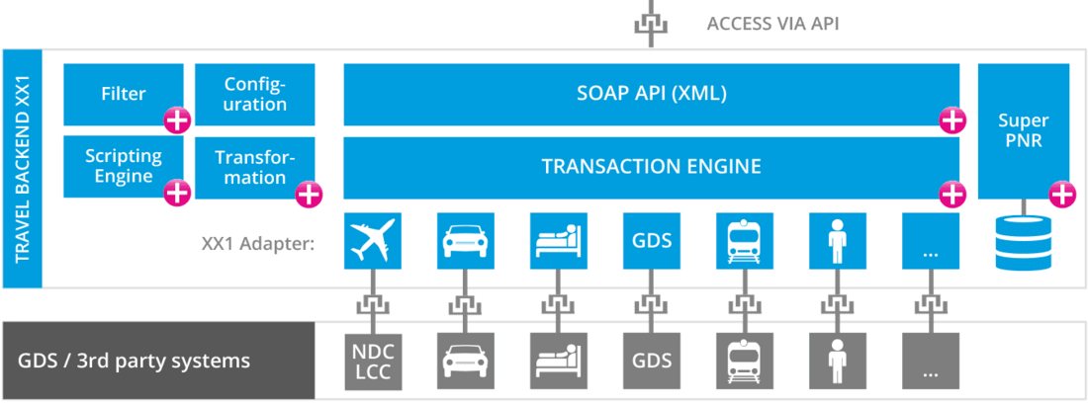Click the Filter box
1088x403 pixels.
(123, 94)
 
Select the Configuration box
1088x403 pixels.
(255, 94)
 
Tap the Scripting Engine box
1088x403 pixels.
(123, 166)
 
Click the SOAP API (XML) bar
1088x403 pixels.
(651, 94)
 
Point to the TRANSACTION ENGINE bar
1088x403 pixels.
(651, 166)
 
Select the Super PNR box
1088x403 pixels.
(1023, 130)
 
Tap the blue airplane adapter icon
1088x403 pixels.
(372, 240)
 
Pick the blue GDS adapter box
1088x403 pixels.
(652, 240)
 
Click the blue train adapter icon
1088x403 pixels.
(744, 240)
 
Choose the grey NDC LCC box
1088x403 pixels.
(373, 362)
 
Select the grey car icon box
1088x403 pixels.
(465, 362)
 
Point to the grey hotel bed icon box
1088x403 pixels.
(559, 362)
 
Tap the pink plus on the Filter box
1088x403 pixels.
(177, 121)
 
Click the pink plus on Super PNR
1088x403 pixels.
(1061, 195)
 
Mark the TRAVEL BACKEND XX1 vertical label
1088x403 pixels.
(22, 169)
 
